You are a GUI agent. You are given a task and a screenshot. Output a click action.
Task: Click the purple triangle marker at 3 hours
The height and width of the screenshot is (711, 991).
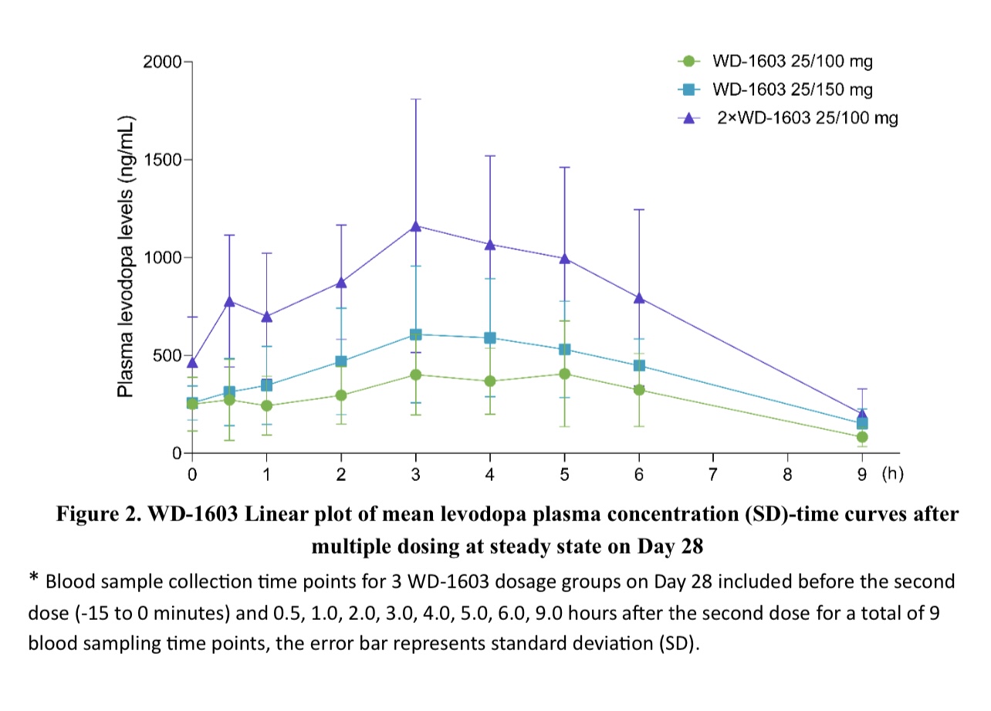[x=416, y=225]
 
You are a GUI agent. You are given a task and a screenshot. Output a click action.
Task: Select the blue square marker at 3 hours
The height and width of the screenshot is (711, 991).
[x=416, y=334]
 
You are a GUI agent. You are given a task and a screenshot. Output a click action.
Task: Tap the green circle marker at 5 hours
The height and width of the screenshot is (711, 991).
[x=564, y=374]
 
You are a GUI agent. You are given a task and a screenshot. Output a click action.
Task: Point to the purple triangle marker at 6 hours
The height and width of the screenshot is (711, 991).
[x=639, y=297]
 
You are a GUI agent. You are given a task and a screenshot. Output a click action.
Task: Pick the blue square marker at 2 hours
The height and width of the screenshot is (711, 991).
[x=341, y=361]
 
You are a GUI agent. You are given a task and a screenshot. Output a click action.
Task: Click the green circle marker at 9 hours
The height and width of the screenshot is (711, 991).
[x=862, y=437]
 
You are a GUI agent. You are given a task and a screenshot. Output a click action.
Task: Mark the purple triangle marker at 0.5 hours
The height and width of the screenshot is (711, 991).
[x=229, y=301]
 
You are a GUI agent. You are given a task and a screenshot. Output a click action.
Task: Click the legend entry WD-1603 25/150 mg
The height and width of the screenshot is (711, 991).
[x=793, y=90]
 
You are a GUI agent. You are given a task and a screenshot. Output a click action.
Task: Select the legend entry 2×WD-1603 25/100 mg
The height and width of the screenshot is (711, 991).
[x=807, y=118]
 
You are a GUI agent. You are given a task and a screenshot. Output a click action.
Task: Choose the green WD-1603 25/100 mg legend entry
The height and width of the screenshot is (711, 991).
[x=793, y=61]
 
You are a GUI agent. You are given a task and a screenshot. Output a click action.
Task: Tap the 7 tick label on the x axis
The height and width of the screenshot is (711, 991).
[x=713, y=475]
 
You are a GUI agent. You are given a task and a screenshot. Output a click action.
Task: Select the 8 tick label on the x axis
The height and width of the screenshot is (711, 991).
[x=788, y=475]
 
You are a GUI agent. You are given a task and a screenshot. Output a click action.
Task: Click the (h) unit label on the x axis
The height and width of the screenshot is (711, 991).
[x=892, y=474]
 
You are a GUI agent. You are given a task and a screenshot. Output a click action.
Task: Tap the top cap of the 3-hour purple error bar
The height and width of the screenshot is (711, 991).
[x=416, y=99]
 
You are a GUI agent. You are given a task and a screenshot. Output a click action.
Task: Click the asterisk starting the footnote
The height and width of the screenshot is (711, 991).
[x=34, y=579]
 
